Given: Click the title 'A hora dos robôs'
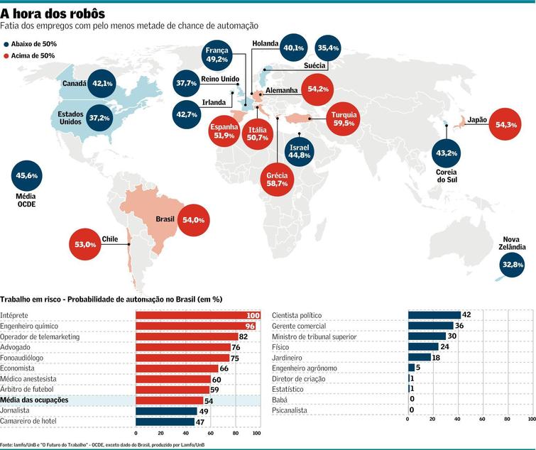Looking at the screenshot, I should [53, 13].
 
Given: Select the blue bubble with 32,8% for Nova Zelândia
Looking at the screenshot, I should [513, 264].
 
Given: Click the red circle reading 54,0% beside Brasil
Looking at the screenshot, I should [193, 220].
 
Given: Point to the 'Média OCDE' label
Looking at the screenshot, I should [26, 200].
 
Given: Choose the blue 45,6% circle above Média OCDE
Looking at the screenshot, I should [26, 175].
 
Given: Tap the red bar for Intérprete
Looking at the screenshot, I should [198, 315].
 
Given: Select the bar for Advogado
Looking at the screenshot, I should [182, 347].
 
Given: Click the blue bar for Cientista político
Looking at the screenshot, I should [434, 315].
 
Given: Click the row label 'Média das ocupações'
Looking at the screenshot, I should [34, 400].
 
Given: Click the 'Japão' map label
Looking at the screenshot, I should [477, 120].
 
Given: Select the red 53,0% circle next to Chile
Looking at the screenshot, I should [85, 244].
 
